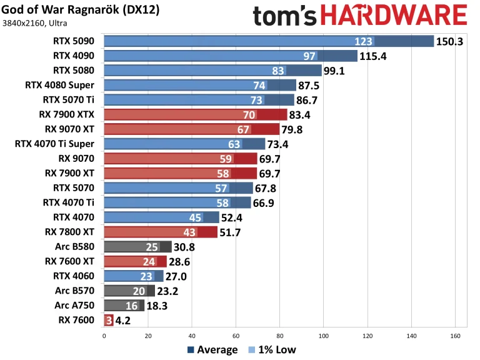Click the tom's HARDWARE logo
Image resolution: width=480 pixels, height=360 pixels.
360,15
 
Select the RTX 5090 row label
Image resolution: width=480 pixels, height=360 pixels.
74,41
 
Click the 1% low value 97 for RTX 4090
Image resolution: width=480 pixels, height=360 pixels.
310,56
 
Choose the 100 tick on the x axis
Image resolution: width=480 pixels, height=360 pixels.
324,336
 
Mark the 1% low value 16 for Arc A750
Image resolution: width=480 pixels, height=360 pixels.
132,305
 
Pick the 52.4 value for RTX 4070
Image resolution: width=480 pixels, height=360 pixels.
234,217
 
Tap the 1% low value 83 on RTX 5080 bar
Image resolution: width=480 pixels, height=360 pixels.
279,71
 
